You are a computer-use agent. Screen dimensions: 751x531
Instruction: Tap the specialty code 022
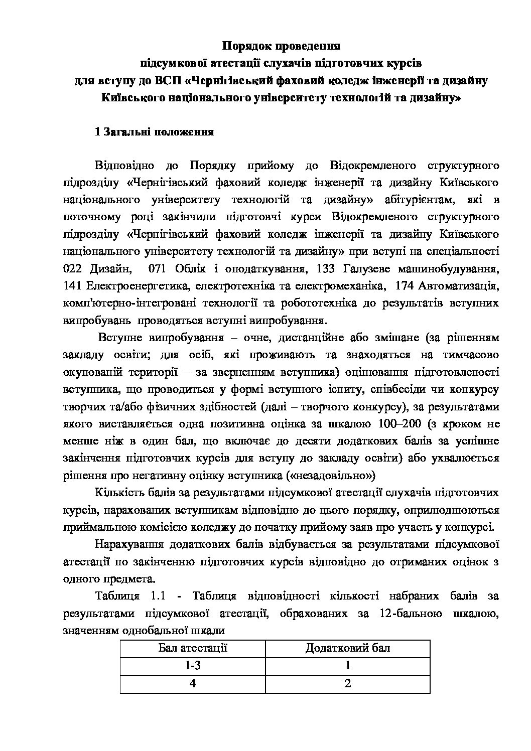tap(74, 269)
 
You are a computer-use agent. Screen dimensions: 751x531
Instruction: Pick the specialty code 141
tap(74, 286)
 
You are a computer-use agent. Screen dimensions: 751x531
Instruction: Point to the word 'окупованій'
tap(89, 372)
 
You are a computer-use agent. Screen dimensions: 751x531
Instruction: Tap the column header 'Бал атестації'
tap(193, 648)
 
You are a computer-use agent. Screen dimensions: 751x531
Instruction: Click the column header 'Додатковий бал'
tap(348, 648)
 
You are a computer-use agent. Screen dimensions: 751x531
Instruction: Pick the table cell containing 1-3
tap(193, 666)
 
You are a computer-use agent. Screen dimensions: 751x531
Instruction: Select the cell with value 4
tap(193, 683)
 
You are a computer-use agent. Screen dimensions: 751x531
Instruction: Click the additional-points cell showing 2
tap(348, 683)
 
